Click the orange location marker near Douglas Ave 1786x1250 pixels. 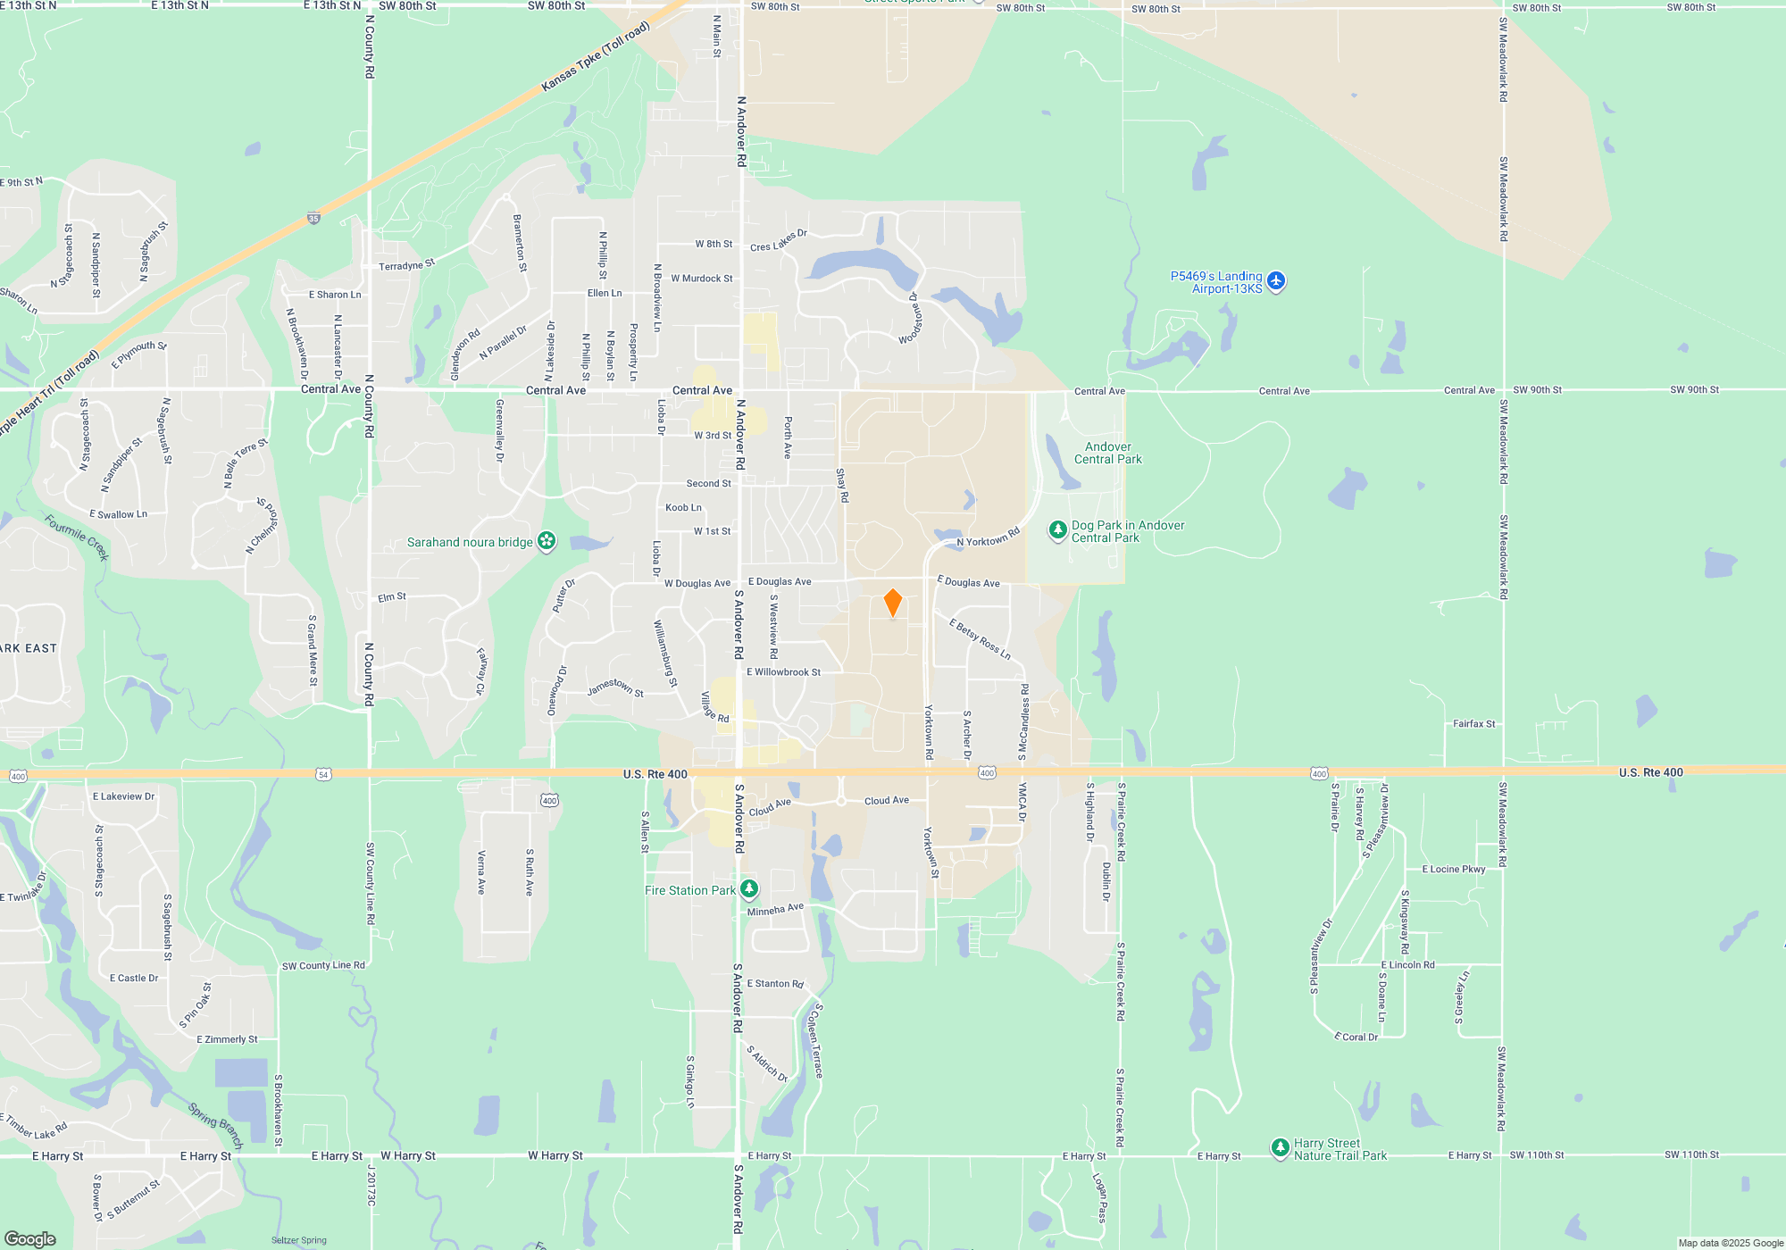[892, 603]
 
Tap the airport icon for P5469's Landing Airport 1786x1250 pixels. [1276, 281]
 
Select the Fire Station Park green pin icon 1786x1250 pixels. [749, 889]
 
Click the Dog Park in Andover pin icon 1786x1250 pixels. [1058, 531]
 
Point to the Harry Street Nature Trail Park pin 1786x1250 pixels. [1280, 1147]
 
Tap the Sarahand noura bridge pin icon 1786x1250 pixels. [547, 541]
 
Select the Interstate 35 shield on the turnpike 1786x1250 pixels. [313, 218]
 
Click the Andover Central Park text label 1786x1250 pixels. [1107, 453]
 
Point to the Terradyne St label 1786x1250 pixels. [406, 265]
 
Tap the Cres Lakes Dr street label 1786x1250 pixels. [779, 241]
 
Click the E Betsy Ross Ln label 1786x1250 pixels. [980, 639]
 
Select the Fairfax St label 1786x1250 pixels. [1473, 724]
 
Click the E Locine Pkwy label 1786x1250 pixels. [1454, 869]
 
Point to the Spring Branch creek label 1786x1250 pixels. [215, 1126]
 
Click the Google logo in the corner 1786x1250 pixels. [30, 1238]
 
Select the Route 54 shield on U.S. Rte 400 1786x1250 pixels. [323, 774]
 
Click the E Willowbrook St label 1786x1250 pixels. [783, 672]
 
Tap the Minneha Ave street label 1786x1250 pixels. [775, 910]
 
